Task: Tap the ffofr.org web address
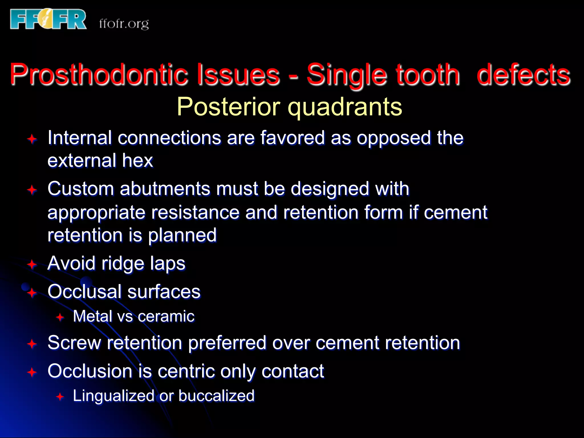tap(124, 24)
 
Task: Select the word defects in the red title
tap(523, 74)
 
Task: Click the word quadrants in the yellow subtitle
tap(345, 107)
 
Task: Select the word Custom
tap(81, 189)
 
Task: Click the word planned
tap(182, 236)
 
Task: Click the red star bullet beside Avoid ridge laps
tap(32, 264)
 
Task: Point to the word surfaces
tap(164, 292)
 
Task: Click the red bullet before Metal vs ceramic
tap(60, 317)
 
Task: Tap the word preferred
tap(227, 343)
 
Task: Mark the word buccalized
tap(216, 396)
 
